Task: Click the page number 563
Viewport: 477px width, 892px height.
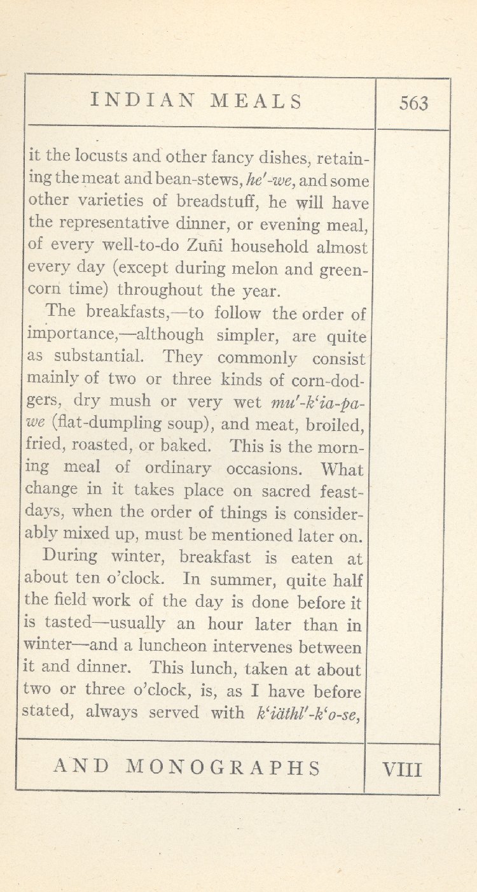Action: click(414, 103)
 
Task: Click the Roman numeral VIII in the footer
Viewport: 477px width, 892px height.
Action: click(402, 769)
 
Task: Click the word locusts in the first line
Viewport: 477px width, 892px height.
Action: click(101, 156)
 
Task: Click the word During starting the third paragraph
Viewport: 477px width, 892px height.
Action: click(70, 556)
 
